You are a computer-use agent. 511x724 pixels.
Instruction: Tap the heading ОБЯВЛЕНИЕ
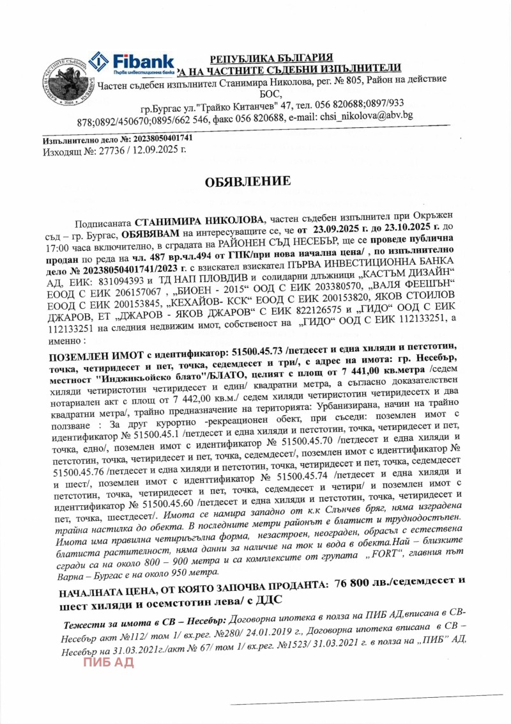pyautogui.click(x=248, y=182)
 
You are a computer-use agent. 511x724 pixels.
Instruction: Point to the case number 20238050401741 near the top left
pyautogui.click(x=155, y=138)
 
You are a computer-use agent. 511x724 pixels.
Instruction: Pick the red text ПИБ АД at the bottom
pyautogui.click(x=109, y=662)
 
